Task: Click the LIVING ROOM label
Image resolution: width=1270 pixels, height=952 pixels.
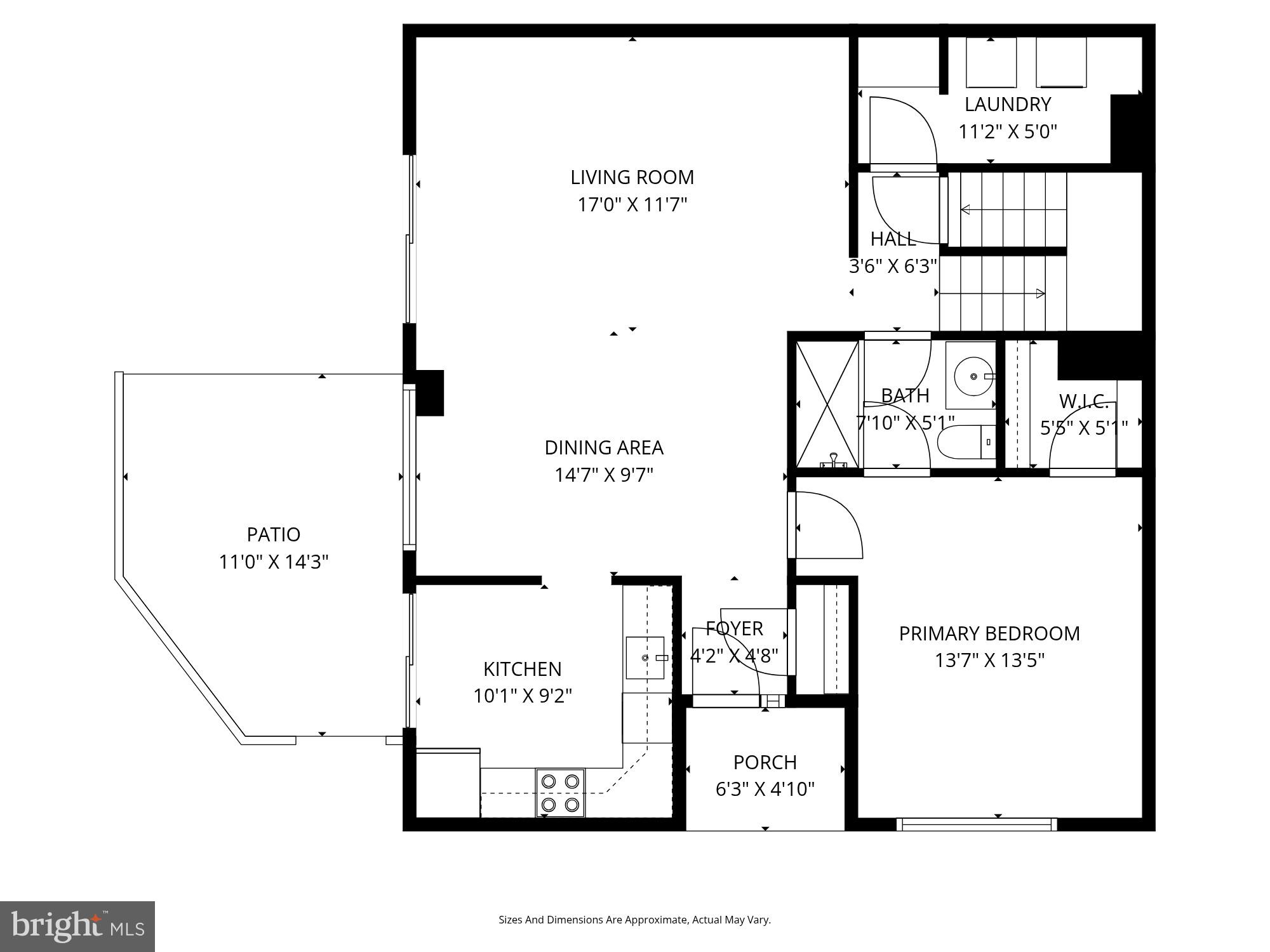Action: click(632, 177)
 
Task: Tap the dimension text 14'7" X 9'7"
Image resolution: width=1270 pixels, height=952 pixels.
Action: click(604, 475)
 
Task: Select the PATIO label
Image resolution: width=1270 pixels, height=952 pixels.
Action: click(273, 534)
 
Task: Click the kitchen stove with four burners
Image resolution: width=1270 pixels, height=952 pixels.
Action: click(560, 793)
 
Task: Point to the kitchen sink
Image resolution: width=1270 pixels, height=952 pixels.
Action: click(645, 658)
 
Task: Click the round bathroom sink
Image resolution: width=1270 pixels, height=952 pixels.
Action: click(973, 376)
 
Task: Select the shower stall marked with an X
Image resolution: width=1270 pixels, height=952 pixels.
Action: click(827, 405)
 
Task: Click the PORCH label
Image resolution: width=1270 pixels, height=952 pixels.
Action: click(765, 762)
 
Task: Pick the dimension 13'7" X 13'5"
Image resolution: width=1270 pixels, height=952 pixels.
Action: click(989, 661)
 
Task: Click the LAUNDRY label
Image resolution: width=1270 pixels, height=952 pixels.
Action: click(1008, 104)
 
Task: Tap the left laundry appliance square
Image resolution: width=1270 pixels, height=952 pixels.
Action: click(991, 63)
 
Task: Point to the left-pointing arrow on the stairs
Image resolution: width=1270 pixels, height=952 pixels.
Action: click(965, 209)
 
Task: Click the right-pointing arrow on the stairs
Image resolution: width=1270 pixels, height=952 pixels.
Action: click(1039, 293)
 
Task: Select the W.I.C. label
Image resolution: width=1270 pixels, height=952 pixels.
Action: click(1083, 402)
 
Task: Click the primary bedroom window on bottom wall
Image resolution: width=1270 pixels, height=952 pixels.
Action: click(977, 824)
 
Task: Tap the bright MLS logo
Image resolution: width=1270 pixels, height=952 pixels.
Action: click(77, 927)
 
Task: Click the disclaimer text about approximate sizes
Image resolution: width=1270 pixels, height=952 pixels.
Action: click(634, 920)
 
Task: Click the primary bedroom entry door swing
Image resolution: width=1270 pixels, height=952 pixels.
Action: click(829, 527)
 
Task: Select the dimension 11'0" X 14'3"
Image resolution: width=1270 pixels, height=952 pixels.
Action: click(273, 562)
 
